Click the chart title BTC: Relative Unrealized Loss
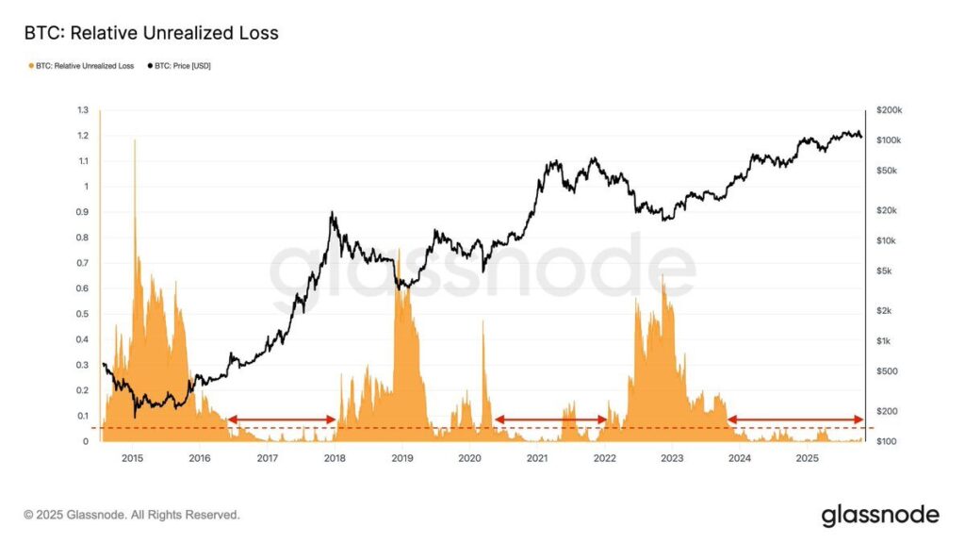(x=151, y=34)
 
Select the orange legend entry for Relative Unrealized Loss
(x=83, y=66)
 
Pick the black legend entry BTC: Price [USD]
(x=176, y=66)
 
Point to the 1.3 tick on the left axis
(x=81, y=110)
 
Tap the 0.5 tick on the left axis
(x=81, y=314)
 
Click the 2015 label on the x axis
(x=133, y=459)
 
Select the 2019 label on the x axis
(x=401, y=459)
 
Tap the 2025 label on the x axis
(x=807, y=459)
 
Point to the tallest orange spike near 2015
(x=135, y=141)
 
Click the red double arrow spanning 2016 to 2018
(x=282, y=420)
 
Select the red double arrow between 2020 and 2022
(x=551, y=420)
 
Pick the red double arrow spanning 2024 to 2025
(x=794, y=420)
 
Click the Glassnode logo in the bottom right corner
(x=879, y=515)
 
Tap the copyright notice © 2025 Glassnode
(x=132, y=516)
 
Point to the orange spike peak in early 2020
(x=482, y=322)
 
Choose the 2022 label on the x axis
(x=605, y=459)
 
